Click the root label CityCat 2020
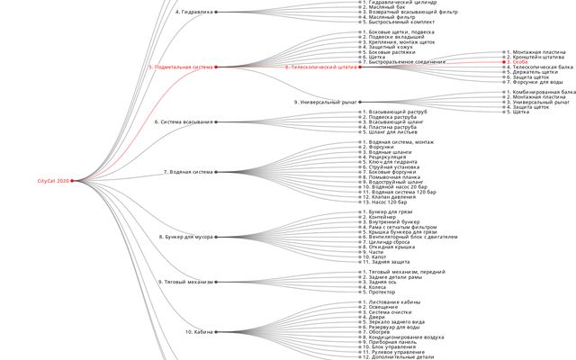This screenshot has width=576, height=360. pos(53,181)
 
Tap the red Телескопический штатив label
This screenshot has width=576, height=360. pos(320,67)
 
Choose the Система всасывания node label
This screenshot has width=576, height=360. pos(184,121)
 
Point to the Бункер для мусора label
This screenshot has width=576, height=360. pos(185,237)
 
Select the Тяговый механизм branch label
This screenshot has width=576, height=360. pos(184,282)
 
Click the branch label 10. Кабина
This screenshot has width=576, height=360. pos(199,332)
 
